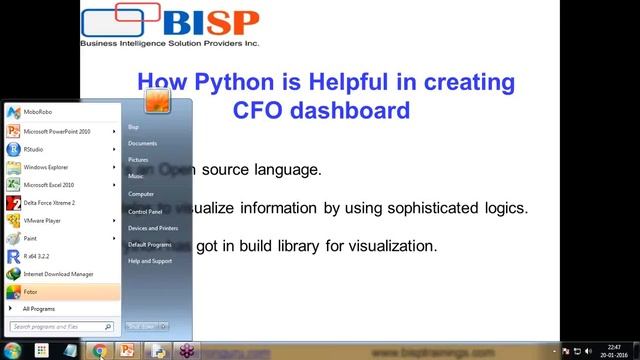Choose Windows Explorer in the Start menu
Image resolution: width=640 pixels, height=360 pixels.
[x=46, y=167]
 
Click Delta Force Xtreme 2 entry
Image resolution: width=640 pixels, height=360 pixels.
[x=49, y=202]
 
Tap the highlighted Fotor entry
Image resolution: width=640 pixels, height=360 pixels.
[x=30, y=292]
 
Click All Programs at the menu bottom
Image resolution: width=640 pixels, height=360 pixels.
[x=39, y=309]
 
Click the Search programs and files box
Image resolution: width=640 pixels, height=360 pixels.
[x=60, y=326]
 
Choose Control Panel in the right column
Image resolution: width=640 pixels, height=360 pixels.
[x=145, y=211]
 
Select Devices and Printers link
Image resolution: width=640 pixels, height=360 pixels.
[x=152, y=228]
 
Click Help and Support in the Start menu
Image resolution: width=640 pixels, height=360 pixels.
[x=149, y=261]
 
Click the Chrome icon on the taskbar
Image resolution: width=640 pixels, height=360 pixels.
[x=99, y=351]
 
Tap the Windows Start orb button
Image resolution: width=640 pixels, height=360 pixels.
[x=12, y=351]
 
